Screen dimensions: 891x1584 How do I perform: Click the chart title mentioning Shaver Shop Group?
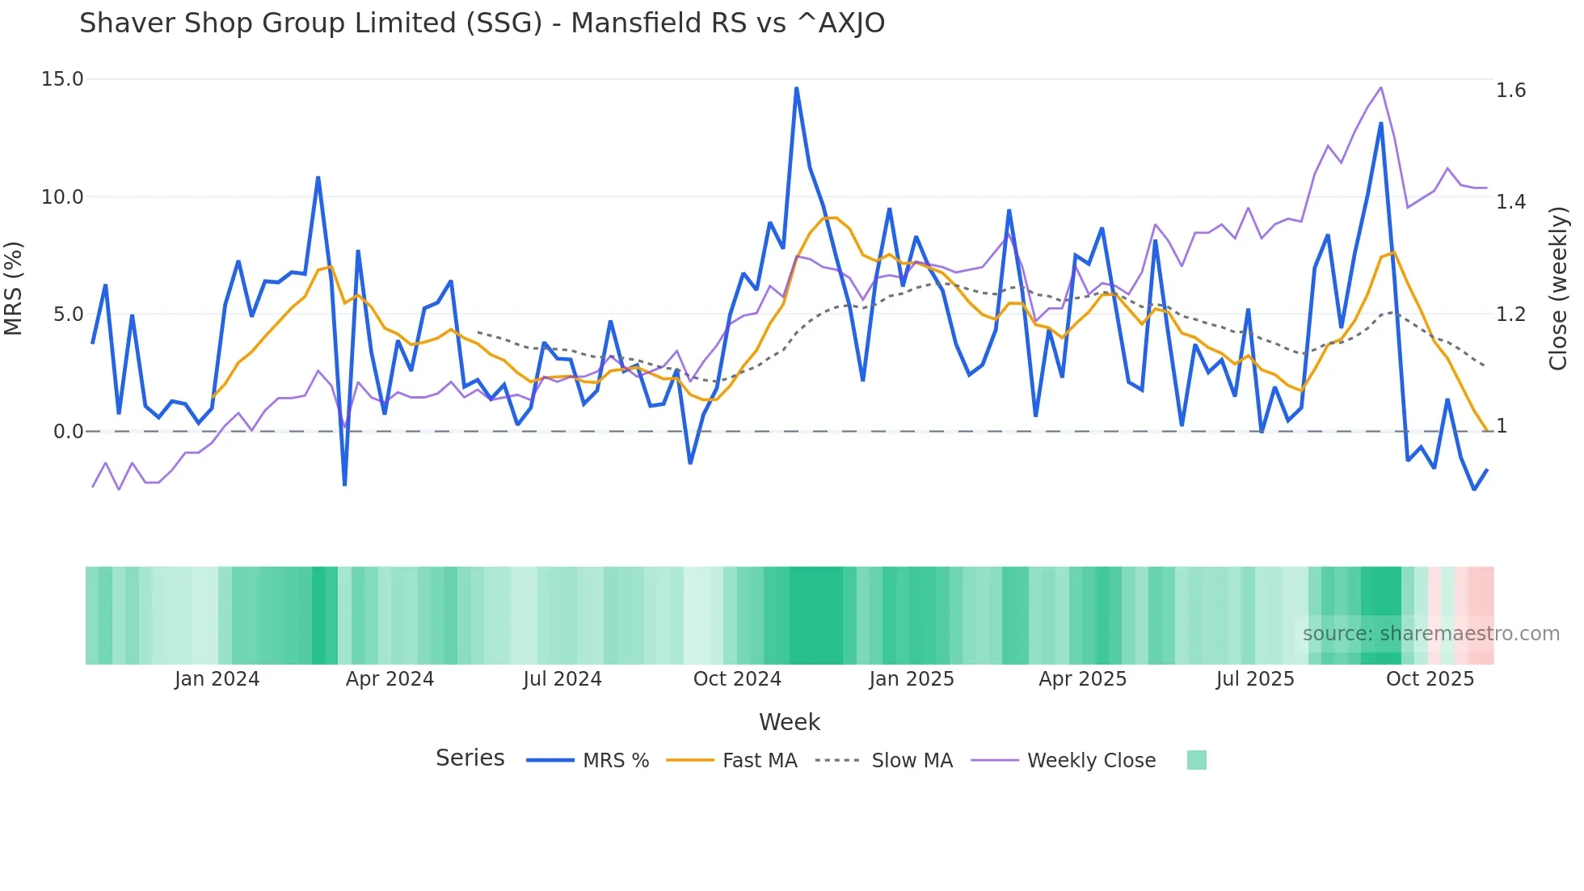pyautogui.click(x=482, y=23)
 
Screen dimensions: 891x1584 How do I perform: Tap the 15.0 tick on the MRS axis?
pyautogui.click(x=62, y=79)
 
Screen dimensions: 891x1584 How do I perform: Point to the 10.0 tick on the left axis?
pyautogui.click(x=62, y=197)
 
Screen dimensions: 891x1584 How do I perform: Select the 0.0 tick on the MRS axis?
pyautogui.click(x=68, y=432)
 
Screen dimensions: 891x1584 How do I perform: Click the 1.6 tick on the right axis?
pyautogui.click(x=1510, y=90)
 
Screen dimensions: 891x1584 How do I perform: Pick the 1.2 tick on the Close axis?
pyautogui.click(x=1510, y=315)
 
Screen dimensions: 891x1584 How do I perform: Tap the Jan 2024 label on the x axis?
pyautogui.click(x=217, y=679)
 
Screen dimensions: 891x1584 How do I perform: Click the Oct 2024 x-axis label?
pyautogui.click(x=737, y=679)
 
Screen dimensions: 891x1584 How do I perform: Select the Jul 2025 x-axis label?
pyautogui.click(x=1255, y=679)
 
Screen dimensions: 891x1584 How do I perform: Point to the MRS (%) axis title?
pyautogui.click(x=14, y=289)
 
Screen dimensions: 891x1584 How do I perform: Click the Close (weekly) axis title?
pyautogui.click(x=1557, y=289)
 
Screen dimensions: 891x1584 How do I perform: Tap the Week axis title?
pyautogui.click(x=789, y=722)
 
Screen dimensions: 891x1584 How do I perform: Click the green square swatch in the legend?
pyautogui.click(x=1196, y=760)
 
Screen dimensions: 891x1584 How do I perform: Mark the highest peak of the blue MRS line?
pyautogui.click(x=796, y=88)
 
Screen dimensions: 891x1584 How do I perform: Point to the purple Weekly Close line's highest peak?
pyautogui.click(x=1380, y=87)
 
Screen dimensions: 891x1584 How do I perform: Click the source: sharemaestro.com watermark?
pyautogui.click(x=1430, y=634)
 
